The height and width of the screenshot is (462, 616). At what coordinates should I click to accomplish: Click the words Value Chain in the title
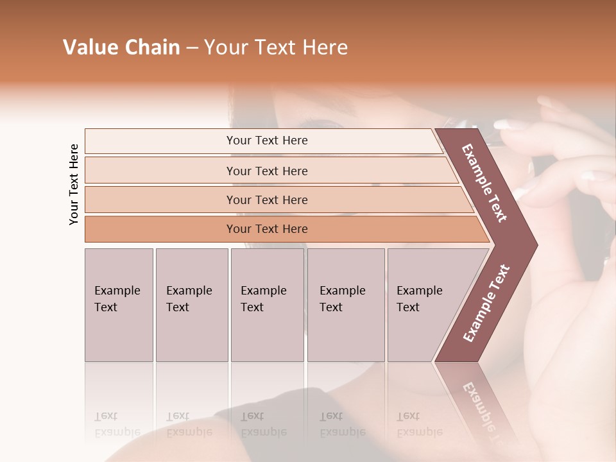[x=121, y=47]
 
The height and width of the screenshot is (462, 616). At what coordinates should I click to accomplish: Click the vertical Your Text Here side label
[x=74, y=184]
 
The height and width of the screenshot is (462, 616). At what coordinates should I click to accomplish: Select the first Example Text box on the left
[x=119, y=305]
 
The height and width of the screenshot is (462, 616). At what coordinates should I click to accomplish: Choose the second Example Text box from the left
[x=191, y=305]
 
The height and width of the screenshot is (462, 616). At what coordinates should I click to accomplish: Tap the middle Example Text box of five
[x=267, y=305]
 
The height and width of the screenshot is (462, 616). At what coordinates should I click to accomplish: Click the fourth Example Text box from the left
[x=346, y=305]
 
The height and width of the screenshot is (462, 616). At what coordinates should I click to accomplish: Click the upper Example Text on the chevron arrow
[x=484, y=183]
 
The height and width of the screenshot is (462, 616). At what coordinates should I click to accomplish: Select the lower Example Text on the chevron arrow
[x=486, y=303]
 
